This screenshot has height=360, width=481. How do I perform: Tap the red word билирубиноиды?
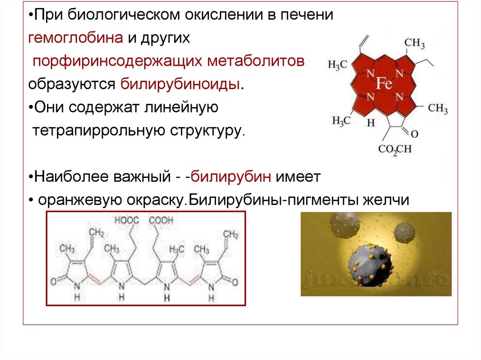pos(181,84)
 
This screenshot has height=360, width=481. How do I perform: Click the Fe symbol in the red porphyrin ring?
pos(384,84)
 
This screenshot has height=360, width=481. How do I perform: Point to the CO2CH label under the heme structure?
pos(395,149)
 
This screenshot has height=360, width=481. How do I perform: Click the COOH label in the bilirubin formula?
pos(161,220)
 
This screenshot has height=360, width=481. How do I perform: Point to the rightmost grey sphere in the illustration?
pos(404,231)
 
